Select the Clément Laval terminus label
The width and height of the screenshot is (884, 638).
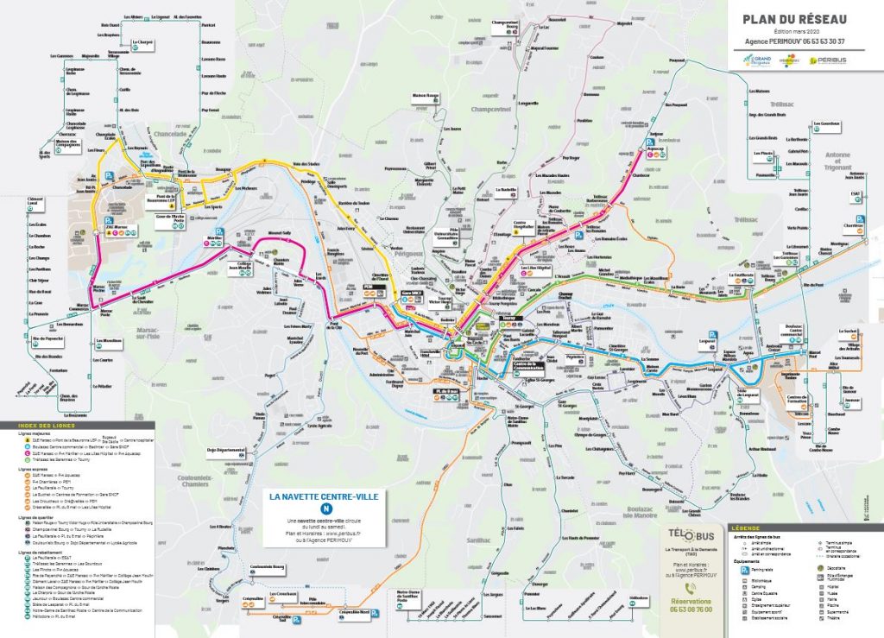point(35,201)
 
